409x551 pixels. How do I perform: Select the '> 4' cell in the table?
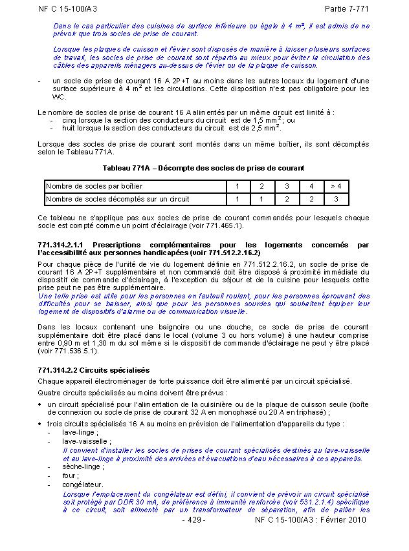tap(336, 186)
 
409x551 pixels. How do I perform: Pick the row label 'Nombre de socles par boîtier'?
tap(94, 186)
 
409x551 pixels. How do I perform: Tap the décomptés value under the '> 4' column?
tap(336, 199)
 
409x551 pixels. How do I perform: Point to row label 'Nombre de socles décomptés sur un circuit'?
tap(117, 199)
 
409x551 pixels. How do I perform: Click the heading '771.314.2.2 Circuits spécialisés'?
tap(93, 370)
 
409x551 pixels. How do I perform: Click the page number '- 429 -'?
tap(193, 519)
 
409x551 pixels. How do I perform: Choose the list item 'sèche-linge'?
tap(82, 465)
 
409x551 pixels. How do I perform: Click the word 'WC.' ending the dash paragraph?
tap(59, 97)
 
